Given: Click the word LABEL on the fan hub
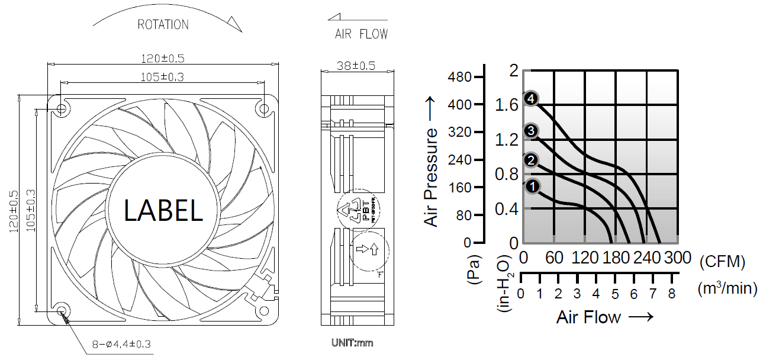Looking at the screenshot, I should [163, 210].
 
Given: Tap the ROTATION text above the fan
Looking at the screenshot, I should [163, 25].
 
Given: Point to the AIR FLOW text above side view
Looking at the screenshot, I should [361, 34].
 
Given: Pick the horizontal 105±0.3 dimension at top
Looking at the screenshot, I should [161, 77].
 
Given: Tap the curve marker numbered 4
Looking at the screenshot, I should [531, 99].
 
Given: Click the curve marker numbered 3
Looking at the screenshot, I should [531, 130].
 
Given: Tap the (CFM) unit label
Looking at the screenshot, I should [722, 261].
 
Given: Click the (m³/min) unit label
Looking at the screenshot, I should [727, 288].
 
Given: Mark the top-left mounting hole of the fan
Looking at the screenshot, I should [62, 109].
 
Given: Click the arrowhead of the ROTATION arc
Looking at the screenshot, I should [235, 23].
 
